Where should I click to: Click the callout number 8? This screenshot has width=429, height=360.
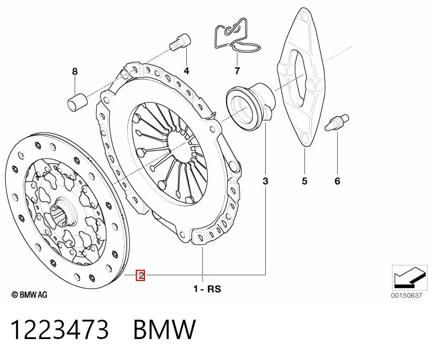tap(75, 71)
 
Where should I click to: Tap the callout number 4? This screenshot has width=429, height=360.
tap(186, 71)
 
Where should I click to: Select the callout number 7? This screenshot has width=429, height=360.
tap(237, 71)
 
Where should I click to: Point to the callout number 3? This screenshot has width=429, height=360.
tap(265, 181)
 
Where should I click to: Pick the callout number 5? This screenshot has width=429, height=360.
tap(304, 181)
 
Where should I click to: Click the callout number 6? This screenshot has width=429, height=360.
tap(337, 181)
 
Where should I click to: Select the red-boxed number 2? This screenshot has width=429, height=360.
tap(141, 275)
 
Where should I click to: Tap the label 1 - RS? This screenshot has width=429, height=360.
tap(207, 289)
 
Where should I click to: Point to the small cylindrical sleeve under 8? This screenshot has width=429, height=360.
tap(77, 102)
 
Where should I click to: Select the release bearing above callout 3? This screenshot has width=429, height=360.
tap(250, 107)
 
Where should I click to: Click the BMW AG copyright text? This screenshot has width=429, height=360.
tap(30, 294)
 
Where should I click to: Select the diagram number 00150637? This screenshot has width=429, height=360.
tap(406, 296)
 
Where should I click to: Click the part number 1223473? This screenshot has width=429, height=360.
tap(60, 329)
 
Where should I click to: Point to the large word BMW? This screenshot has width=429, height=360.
tap(164, 329)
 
